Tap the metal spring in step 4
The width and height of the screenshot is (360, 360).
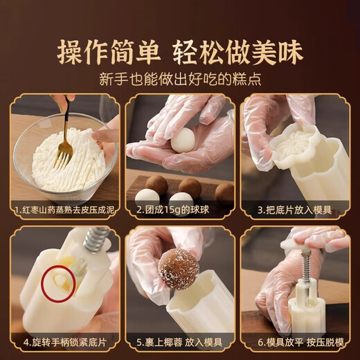click(96, 240)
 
